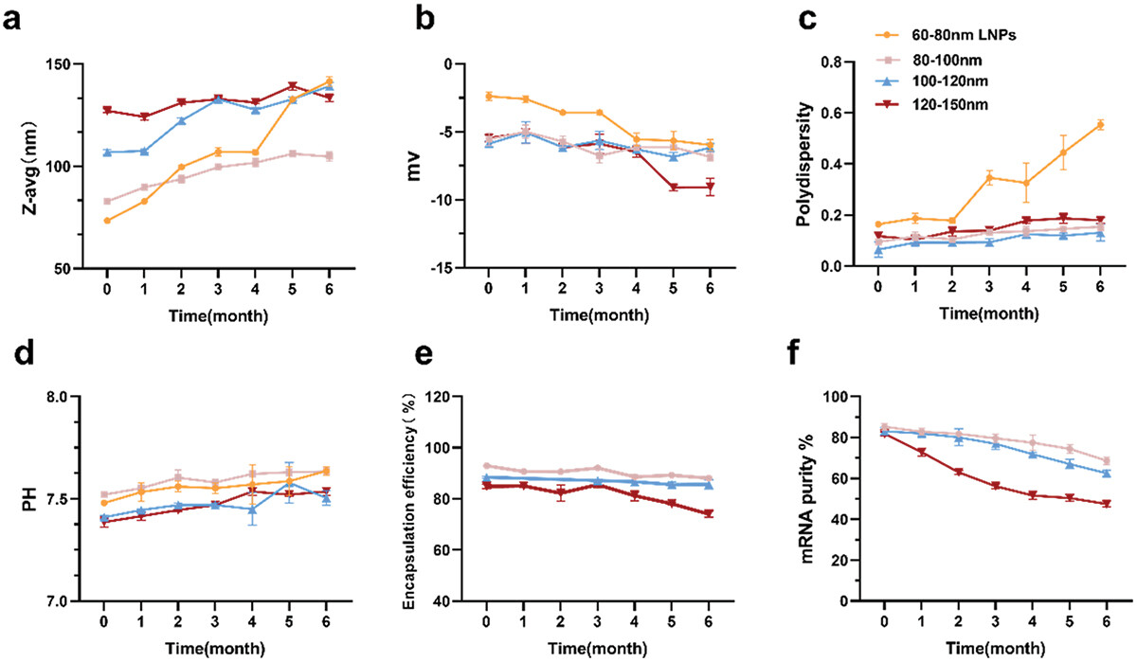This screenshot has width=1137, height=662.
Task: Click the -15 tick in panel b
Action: click(x=443, y=268)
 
